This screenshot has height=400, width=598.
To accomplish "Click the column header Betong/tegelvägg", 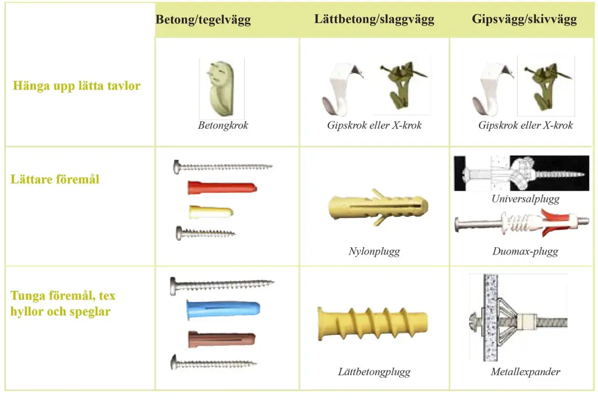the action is (x=203, y=20).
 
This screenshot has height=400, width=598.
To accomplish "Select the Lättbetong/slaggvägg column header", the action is (x=374, y=19).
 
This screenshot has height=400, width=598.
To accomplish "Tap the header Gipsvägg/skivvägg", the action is (x=524, y=19).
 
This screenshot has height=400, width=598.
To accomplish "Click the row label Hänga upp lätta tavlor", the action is (x=77, y=86).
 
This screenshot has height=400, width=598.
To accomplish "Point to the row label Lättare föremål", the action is (x=55, y=179).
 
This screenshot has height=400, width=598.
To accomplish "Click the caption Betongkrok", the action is (x=223, y=126).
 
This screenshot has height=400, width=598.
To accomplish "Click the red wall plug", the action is (x=222, y=188).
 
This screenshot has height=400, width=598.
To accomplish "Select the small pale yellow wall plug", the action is (x=211, y=212).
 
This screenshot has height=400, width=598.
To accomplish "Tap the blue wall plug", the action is (x=223, y=309).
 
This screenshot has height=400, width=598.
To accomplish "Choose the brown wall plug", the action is (x=221, y=339).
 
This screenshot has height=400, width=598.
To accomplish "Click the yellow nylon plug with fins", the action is (x=378, y=207).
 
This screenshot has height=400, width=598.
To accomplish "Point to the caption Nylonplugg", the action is (x=374, y=252).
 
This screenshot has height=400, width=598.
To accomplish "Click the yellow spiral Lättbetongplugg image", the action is (x=373, y=324).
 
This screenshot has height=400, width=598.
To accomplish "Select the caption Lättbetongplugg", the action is (x=374, y=372).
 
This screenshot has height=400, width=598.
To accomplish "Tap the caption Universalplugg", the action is (x=526, y=199).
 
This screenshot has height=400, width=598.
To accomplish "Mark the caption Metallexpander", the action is (x=526, y=372).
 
